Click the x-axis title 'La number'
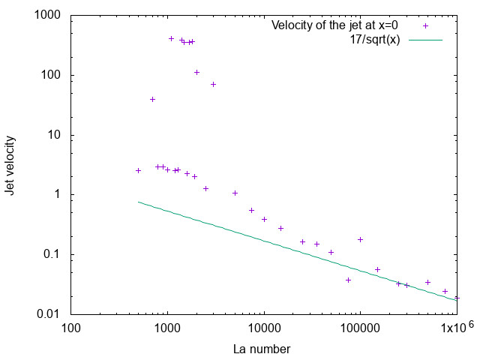pos(262,349)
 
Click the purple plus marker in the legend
pos(426,25)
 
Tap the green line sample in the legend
pos(426,39)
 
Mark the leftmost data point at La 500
pos(138,170)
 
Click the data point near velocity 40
pos(152,99)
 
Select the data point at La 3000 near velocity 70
pos(213,84)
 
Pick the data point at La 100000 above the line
pos(360,239)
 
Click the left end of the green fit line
pos(138,202)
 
